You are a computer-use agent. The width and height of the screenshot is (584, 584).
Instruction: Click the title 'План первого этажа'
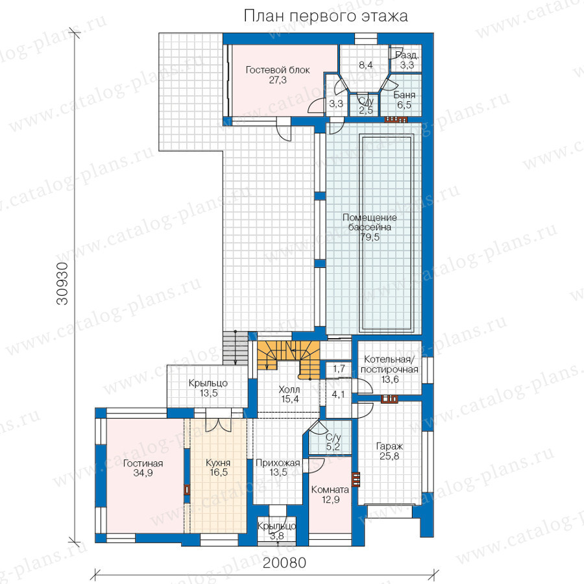tap(326, 16)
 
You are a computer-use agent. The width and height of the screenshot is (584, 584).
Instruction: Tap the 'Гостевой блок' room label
tap(278, 69)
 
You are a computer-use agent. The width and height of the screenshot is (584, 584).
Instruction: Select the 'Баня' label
tap(404, 95)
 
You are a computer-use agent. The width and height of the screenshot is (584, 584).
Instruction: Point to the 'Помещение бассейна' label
tap(369, 222)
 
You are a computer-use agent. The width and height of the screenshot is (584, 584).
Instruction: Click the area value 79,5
tap(369, 237)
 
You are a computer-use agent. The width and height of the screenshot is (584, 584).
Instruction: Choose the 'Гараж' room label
tap(389, 446)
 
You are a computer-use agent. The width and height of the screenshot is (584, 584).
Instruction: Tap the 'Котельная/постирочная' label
tap(389, 364)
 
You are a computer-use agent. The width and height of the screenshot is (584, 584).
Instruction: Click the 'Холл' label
tap(289, 389)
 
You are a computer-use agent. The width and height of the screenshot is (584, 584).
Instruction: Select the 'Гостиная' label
tap(143, 463)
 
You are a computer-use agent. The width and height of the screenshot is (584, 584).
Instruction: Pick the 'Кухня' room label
tap(218, 463)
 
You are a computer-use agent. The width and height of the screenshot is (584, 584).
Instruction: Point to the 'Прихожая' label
tap(278, 463)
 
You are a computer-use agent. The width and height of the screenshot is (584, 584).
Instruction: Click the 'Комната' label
tap(330, 489)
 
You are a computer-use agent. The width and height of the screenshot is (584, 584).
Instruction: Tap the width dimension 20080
tap(284, 563)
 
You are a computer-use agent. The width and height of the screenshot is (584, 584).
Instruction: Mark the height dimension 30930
tap(62, 284)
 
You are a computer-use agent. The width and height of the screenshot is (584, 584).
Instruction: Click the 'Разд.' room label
tap(407, 56)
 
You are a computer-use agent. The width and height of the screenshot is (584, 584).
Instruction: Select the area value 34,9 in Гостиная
tap(143, 473)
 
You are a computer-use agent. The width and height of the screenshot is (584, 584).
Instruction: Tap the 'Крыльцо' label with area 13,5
tap(208, 383)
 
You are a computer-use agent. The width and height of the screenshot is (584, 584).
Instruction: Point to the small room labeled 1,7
tap(339, 369)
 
